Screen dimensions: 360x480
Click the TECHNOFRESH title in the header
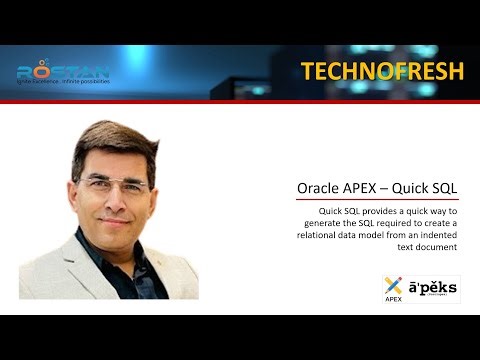click(x=382, y=71)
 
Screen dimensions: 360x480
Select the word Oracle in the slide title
click(x=321, y=187)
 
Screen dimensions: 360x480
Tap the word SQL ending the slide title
click(x=456, y=187)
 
